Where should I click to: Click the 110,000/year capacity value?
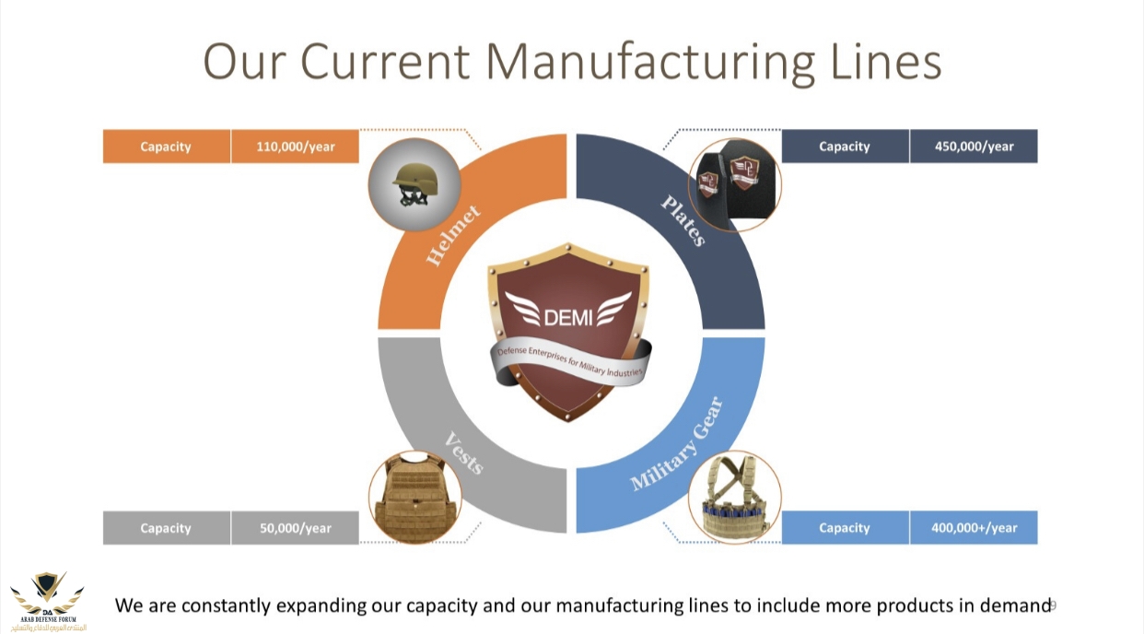295,147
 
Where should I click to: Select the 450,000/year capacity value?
974,147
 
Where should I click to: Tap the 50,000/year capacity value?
295,528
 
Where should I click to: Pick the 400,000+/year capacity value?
974,528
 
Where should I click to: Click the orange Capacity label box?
166,147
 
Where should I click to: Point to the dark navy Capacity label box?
845,147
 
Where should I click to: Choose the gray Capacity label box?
166,528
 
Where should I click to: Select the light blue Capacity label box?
845,528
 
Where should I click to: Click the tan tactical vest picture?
414,497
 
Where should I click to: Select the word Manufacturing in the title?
649,61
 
